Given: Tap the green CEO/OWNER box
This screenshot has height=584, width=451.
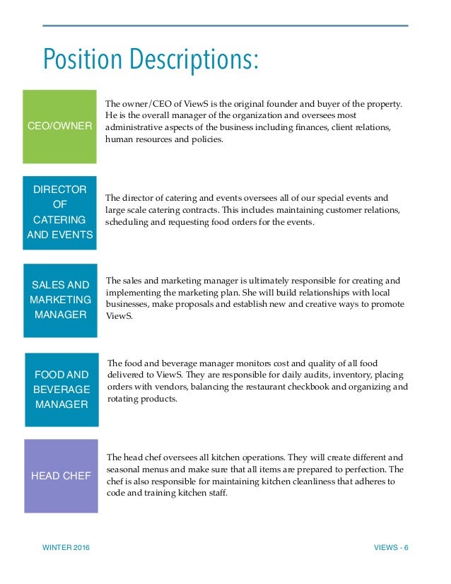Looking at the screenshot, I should point(59,127).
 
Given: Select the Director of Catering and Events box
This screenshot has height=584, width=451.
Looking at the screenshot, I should point(59,212).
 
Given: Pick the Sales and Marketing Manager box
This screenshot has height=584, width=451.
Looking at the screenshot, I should point(60,300).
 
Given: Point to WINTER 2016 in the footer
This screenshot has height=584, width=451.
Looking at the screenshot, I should point(66,549).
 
